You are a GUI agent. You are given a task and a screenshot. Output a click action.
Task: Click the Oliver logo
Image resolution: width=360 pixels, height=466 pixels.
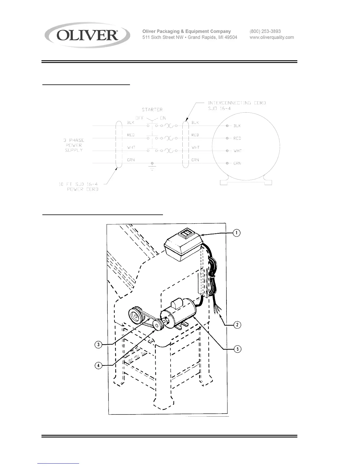tap(87, 35)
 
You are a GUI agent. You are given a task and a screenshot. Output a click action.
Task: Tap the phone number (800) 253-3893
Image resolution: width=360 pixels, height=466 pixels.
tap(265, 31)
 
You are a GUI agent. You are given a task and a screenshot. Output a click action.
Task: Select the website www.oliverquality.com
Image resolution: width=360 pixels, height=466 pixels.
tap(271, 37)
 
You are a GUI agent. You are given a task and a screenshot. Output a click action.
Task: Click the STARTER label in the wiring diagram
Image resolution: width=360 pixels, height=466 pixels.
tap(152, 109)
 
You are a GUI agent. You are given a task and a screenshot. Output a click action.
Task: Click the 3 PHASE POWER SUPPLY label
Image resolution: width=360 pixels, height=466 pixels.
tap(74, 145)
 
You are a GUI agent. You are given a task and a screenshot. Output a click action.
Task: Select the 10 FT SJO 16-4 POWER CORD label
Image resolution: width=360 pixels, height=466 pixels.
tap(79, 187)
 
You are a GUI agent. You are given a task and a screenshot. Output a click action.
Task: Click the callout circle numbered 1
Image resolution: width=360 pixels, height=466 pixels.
tap(236, 233)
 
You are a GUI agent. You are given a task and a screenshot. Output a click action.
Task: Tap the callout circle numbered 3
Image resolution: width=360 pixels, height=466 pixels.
tap(99, 344)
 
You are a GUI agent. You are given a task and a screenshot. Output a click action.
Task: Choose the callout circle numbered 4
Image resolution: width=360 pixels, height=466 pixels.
tap(99, 366)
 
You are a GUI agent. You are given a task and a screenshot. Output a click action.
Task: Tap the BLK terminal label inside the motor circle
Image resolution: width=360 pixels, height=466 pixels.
tap(237, 126)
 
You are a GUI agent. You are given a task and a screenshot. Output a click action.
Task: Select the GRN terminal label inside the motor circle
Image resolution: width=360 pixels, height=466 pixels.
tap(237, 163)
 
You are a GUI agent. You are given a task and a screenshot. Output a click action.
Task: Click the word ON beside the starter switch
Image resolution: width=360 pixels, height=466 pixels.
tap(163, 118)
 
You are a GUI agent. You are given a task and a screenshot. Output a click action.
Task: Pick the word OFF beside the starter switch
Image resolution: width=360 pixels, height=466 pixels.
tap(139, 118)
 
